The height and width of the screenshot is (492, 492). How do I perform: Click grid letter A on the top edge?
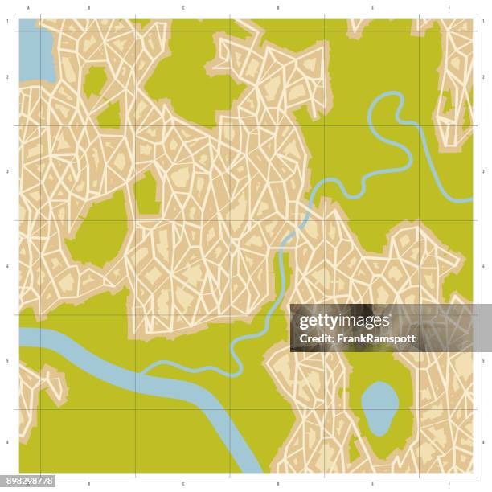point(29,8)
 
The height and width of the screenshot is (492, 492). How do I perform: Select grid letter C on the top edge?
point(183,8)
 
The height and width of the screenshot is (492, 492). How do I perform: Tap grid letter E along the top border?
point(372,8)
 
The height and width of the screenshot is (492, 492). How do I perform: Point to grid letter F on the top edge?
point(449,8)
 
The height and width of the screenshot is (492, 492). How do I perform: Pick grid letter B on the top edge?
point(88,8)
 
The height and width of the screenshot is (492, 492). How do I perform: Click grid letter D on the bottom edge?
point(278,484)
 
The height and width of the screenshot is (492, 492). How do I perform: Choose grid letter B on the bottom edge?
point(88,484)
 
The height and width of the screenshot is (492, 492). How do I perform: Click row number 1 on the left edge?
point(8,22)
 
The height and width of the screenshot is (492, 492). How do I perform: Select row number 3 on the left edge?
point(8,171)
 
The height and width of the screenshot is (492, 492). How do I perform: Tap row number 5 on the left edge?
point(8,361)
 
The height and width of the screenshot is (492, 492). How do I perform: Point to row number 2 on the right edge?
point(483,77)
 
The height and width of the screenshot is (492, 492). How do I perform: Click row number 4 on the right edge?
point(483,266)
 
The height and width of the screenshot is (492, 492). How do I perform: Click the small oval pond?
point(379,407)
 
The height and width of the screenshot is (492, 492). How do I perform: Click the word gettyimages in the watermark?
point(344,321)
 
